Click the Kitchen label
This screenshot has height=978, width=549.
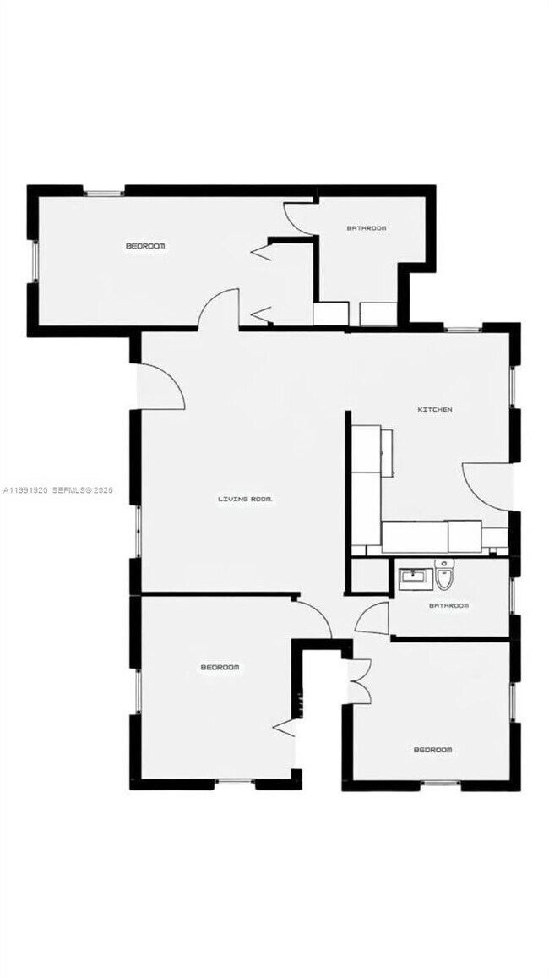[x=436, y=410]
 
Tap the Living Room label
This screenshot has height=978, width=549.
[x=245, y=500]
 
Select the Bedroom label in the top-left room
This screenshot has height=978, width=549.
[x=145, y=246]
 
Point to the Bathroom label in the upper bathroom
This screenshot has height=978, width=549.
[x=367, y=228]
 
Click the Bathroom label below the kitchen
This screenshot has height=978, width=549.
[x=448, y=606]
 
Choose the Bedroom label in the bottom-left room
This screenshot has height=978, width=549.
[x=220, y=668]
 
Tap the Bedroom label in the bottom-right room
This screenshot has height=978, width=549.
[x=432, y=750]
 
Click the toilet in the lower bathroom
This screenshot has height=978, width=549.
[x=445, y=577]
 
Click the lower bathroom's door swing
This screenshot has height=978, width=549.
[x=372, y=620]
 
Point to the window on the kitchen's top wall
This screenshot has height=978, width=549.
[x=464, y=328]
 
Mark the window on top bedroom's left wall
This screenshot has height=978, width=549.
[x=34, y=261]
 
